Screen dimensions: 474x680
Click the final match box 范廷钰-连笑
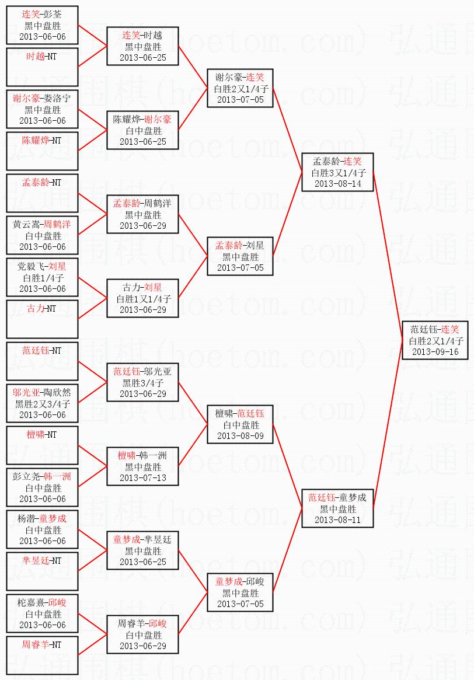point(435,340)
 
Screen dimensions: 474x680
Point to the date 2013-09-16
point(435,351)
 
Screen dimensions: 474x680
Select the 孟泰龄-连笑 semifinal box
point(337,172)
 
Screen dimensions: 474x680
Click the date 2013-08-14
point(337,183)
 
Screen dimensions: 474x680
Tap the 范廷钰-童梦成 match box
point(337,508)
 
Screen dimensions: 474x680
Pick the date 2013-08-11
point(337,519)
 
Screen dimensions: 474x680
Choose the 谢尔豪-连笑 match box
point(239,88)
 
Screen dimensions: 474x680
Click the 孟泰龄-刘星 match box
point(239,256)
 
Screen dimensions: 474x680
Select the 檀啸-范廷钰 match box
point(239,424)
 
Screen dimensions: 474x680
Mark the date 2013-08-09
point(239,435)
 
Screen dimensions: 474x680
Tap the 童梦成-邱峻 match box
point(239,592)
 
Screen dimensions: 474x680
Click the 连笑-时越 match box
point(142,46)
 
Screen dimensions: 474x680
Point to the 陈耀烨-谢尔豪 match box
point(142,130)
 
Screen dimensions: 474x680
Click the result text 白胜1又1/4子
point(142,298)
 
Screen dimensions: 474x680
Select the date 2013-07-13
point(142,477)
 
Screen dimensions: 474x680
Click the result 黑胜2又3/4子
point(42,403)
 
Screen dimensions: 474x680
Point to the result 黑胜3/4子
point(142,382)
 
